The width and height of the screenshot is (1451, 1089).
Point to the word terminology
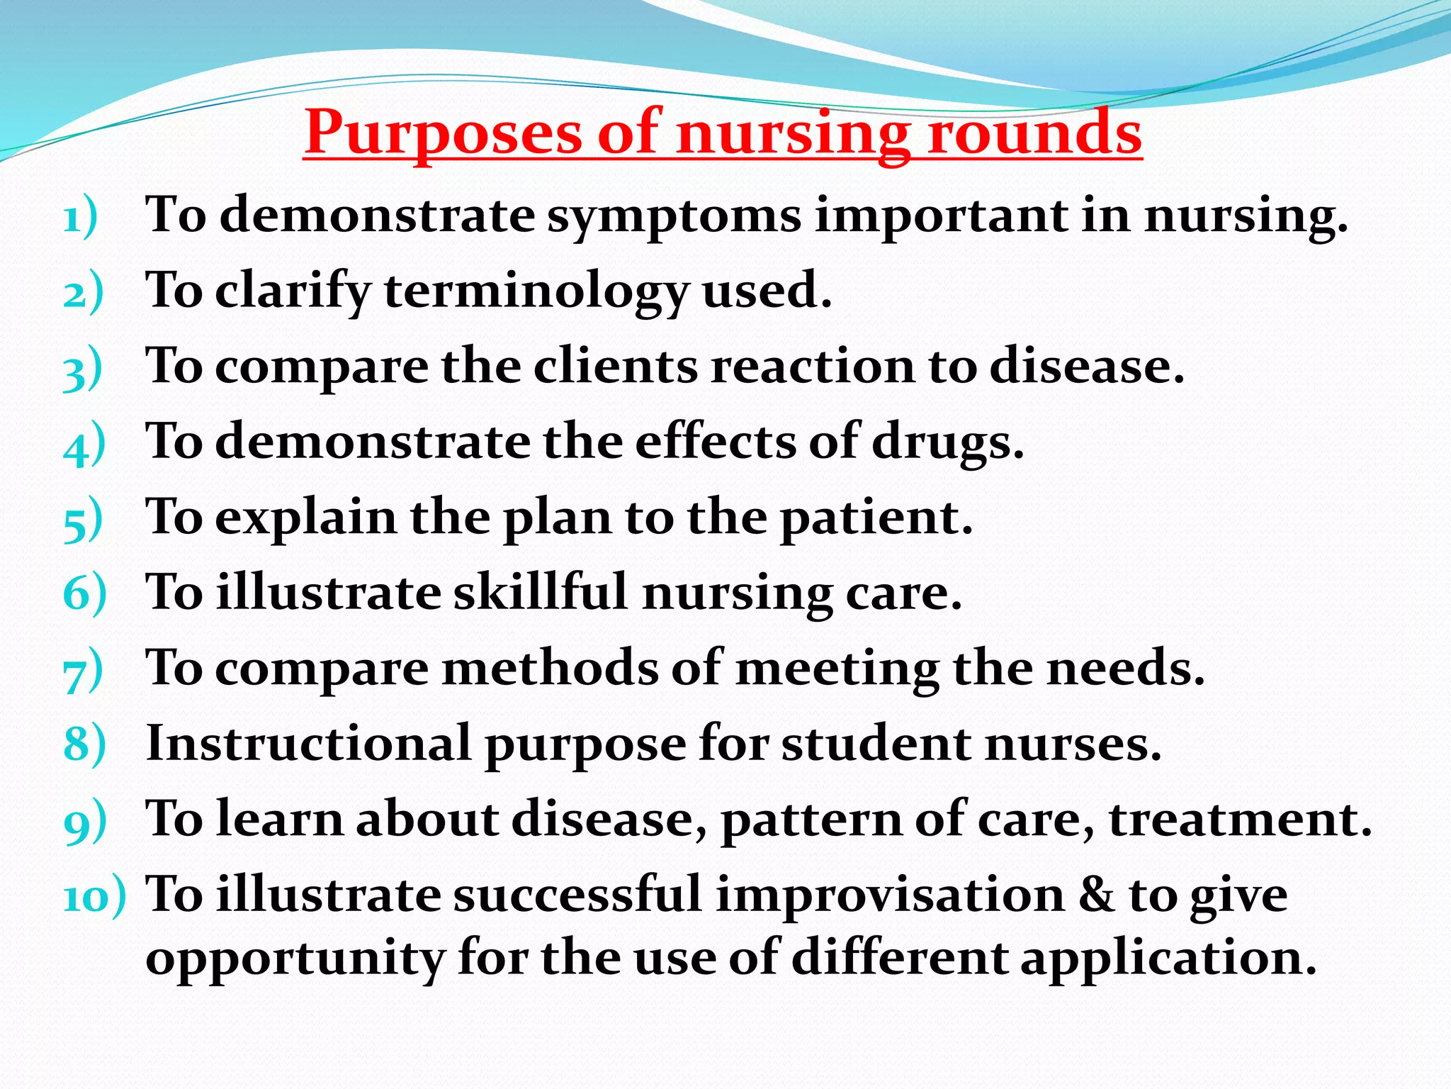[x=536, y=291]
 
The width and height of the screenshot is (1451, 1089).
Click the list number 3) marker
[x=82, y=369]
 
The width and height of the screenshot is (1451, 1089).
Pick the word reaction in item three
[x=812, y=367]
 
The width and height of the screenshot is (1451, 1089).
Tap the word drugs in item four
[x=947, y=443]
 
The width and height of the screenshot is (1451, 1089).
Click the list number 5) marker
[x=82, y=521]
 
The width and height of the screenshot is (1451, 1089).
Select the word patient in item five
[x=876, y=518]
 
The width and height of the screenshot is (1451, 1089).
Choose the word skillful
[x=541, y=593]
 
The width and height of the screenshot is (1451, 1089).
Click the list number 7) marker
[x=82, y=672]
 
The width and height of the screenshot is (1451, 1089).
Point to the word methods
[x=549, y=668]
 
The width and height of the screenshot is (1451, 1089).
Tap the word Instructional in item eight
[x=308, y=744]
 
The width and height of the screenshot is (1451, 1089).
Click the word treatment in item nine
[x=1240, y=820]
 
